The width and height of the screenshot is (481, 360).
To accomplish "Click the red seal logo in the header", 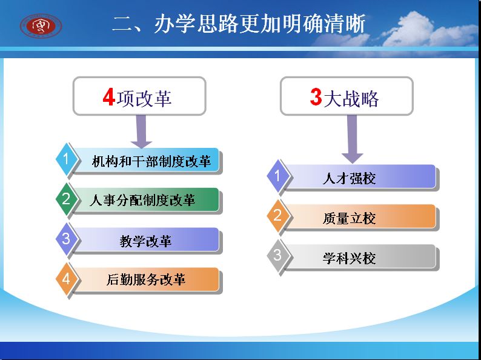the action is tap(41, 26).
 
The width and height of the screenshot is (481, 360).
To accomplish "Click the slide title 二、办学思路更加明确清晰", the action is tap(239, 24).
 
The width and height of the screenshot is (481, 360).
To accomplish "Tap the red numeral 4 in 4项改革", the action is tap(108, 98).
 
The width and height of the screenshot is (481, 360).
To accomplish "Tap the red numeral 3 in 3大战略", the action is tap(316, 97).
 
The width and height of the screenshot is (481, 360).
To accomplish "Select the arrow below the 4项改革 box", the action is tap(141, 132).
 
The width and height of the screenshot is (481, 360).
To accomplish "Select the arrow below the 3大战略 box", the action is tap(352, 139).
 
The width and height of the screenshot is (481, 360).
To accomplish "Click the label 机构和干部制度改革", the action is tap(151, 161).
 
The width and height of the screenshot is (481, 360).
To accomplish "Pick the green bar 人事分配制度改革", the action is tap(146, 200).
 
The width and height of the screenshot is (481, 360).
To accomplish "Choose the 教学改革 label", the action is tap(145, 241).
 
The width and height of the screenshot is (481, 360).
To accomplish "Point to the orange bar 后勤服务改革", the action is tap(146, 279).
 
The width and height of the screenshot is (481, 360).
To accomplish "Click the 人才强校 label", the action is tap(349, 178).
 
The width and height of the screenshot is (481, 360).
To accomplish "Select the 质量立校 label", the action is tap(349, 218).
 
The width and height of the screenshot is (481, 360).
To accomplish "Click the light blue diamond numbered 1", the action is tap(67, 159).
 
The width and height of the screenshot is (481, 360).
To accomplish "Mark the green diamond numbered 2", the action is tap(67, 199).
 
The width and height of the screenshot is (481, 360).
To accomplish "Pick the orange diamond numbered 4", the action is tap(67, 279).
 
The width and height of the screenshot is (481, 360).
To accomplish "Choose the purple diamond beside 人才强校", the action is tap(278, 176).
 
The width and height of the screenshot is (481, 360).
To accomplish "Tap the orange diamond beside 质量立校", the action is tap(278, 216).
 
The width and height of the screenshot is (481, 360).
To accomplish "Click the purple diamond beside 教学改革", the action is tap(67, 239).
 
